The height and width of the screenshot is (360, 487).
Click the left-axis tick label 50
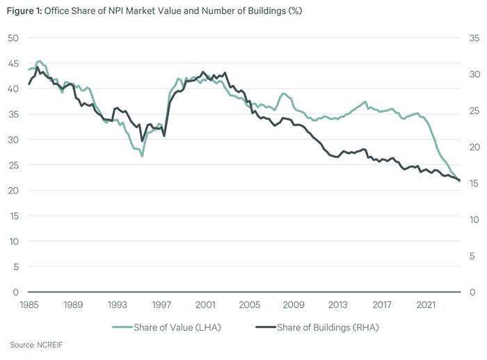(x=13, y=38)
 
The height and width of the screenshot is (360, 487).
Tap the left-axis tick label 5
(x=15, y=267)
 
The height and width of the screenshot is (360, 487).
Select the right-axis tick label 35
(x=473, y=38)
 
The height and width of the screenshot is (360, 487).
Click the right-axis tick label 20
(x=473, y=147)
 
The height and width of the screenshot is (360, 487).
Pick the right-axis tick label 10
(x=473, y=219)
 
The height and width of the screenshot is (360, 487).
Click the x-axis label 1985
(x=29, y=305)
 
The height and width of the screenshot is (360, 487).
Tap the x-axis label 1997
(x=161, y=305)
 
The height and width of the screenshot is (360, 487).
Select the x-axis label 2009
(x=294, y=305)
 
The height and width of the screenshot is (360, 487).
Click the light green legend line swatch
(x=123, y=327)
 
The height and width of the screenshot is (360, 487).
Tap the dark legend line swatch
(x=265, y=327)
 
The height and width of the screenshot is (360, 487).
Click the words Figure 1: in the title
(x=23, y=10)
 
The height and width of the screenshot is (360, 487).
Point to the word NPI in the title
(x=118, y=10)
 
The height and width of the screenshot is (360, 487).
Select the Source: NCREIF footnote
(x=31, y=345)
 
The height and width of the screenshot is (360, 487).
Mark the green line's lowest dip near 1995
(x=142, y=156)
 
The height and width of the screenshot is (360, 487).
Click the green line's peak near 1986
(x=40, y=61)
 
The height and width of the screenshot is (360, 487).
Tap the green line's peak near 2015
(x=365, y=102)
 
